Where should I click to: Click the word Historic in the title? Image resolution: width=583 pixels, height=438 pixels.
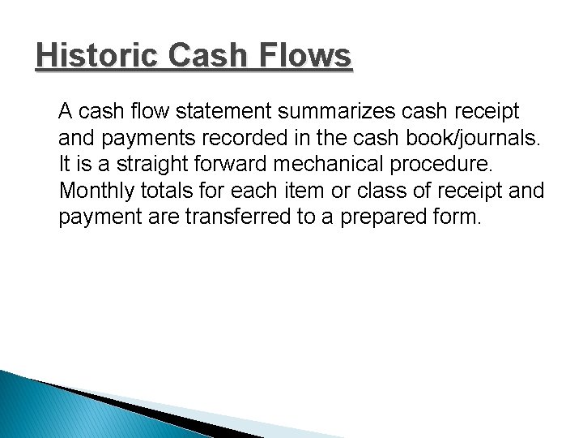[91, 57]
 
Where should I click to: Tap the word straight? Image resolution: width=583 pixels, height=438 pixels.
[151, 163]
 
